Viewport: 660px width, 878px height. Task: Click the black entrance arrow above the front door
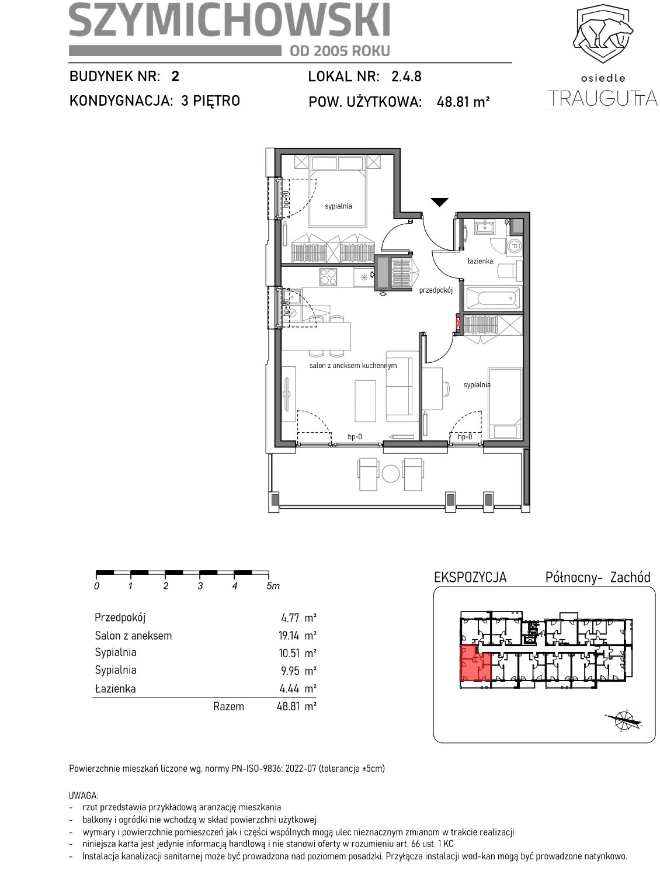439,202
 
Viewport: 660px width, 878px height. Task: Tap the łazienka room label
480,261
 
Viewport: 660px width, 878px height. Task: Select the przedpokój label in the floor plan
436,290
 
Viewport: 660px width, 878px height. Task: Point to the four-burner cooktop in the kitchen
328,277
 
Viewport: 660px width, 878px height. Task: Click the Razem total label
228,706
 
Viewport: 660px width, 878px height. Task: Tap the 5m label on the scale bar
273,586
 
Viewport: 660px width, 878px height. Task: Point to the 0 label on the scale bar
96,586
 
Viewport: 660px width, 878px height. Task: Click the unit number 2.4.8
406,77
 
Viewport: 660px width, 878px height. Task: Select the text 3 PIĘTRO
210,100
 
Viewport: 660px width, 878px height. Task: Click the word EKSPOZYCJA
470,577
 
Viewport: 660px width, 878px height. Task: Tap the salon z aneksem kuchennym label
353,365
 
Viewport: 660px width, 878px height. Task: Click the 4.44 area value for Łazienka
290,688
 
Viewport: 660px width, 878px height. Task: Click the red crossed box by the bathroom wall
457,323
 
